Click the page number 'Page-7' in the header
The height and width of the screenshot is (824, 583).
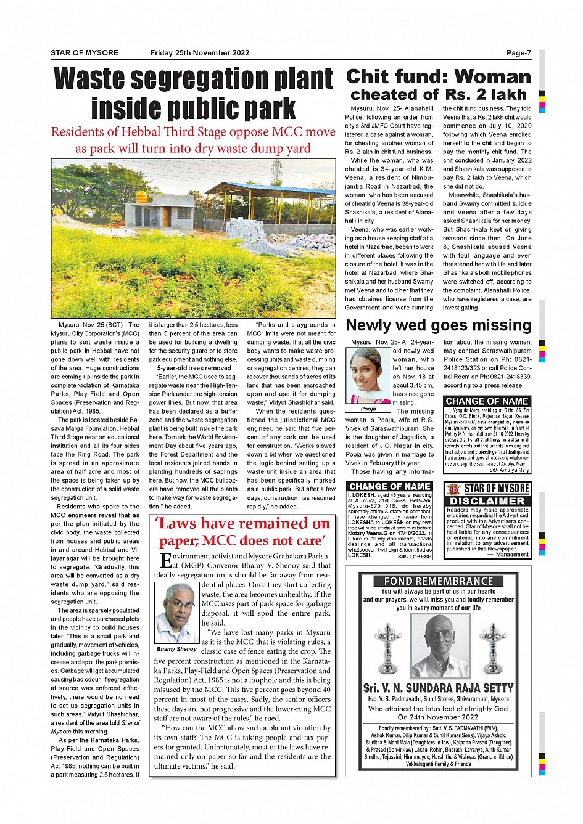[x=518, y=53]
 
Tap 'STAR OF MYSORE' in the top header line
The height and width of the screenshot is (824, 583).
[x=85, y=53]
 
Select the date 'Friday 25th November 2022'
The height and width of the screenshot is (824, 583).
[x=200, y=53]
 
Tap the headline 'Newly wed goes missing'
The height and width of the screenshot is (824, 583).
[x=438, y=325]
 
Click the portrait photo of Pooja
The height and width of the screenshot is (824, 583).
[x=368, y=375]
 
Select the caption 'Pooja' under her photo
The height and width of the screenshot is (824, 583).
[x=368, y=409]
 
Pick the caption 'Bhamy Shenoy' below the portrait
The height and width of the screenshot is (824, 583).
[x=177, y=649]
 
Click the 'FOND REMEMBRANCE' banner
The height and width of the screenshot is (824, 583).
[x=438, y=581]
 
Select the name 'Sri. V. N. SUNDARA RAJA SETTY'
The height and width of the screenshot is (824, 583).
[x=438, y=688]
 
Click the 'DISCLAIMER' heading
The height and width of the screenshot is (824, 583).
[x=487, y=501]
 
